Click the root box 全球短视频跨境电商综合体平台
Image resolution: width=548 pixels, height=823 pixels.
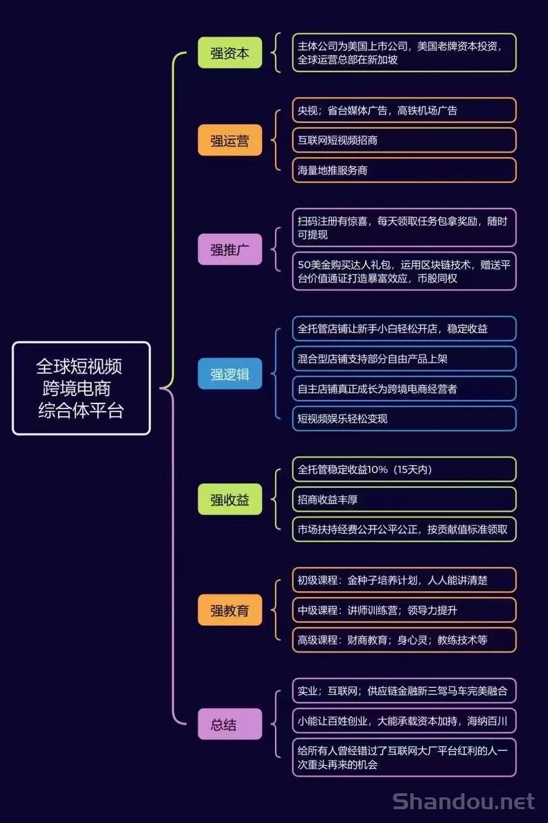tap(82, 388)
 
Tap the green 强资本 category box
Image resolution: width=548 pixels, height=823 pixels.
tap(229, 53)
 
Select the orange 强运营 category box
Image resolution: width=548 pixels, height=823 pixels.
tap(229, 140)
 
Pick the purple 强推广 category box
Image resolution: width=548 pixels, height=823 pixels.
tap(229, 249)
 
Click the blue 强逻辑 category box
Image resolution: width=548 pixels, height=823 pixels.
tap(229, 374)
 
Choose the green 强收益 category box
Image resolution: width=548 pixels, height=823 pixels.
tap(229, 499)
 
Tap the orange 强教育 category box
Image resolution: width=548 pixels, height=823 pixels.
tap(229, 610)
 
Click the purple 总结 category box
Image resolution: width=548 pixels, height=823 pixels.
tap(229, 724)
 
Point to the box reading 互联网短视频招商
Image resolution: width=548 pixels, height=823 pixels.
tap(404, 140)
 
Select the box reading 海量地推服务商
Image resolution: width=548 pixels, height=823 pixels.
tap(404, 170)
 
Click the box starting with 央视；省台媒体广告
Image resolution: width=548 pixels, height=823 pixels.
tap(404, 110)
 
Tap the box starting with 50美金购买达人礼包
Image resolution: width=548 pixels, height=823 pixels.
tap(404, 271)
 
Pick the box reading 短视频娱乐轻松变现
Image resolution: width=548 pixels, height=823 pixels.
tap(404, 418)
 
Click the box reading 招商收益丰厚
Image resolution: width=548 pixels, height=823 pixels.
tap(404, 499)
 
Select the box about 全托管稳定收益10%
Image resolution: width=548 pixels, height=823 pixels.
tap(404, 469)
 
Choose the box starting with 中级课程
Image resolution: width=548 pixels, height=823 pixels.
tap(404, 610)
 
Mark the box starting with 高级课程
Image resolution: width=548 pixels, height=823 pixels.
tap(404, 640)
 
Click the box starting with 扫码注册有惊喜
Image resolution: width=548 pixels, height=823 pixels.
tap(404, 227)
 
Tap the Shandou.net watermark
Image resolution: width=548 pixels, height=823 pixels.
tap(464, 802)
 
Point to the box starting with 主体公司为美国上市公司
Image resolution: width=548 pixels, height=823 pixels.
tap(404, 53)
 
